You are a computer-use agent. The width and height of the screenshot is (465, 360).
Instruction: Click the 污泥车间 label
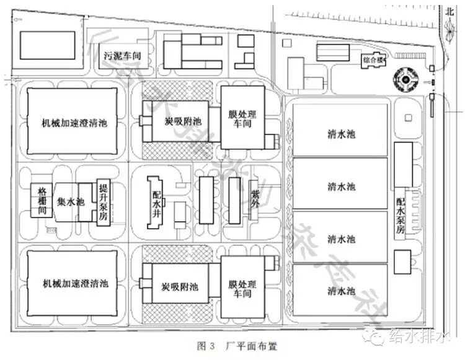tap(123, 56)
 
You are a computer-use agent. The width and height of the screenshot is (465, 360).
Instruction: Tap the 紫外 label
tap(254, 196)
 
